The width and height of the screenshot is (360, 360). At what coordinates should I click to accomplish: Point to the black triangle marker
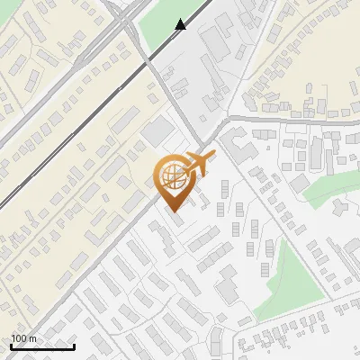pos(181,25)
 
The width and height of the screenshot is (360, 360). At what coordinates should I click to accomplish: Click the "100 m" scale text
pos(24,338)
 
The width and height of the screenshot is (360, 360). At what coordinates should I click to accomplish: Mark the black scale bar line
pos(42,346)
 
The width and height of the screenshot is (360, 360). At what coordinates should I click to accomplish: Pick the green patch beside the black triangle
pos(159,31)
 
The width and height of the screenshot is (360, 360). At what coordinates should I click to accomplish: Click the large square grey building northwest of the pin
pos(158,130)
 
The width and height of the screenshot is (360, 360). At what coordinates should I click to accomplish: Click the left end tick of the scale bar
pos(11,346)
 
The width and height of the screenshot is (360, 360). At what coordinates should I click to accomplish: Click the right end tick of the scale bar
pos(74,346)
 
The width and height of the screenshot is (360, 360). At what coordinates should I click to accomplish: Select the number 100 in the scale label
pos(19,338)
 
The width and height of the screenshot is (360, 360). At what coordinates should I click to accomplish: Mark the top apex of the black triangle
pos(181,20)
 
